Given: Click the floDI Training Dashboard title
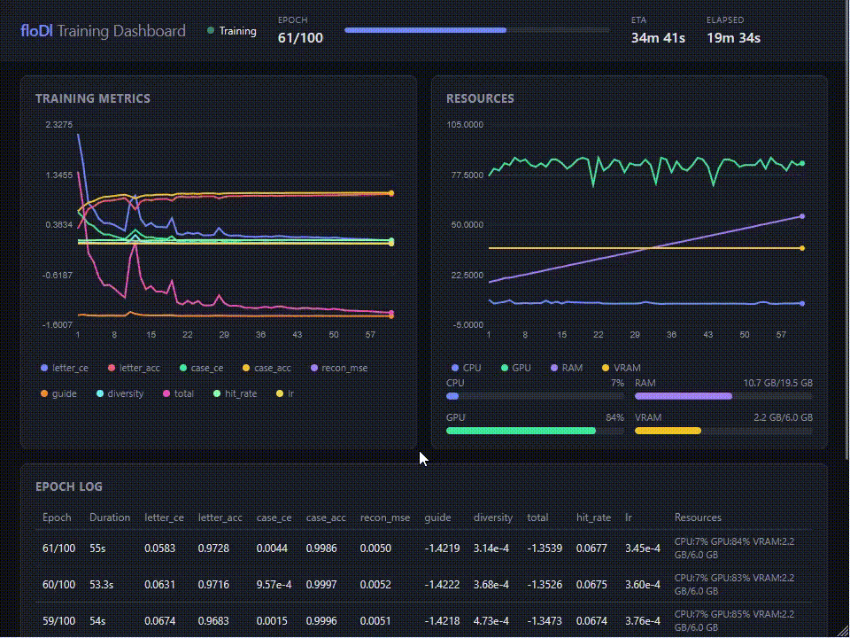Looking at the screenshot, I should pyautogui.click(x=103, y=31).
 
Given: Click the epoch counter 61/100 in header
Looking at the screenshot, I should pyautogui.click(x=300, y=38).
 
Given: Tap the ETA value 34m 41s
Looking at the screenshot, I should pyautogui.click(x=658, y=38).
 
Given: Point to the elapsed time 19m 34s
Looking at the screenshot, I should pyautogui.click(x=733, y=38).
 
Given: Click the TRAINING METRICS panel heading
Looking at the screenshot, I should pyautogui.click(x=93, y=98).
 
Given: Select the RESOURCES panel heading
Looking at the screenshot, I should pyautogui.click(x=480, y=98).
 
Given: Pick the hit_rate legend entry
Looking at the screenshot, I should pyautogui.click(x=240, y=393).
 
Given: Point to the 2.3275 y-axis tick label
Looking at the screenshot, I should pyautogui.click(x=58, y=125).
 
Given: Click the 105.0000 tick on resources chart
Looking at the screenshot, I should pyautogui.click(x=465, y=125).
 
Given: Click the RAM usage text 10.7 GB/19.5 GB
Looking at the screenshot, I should pyautogui.click(x=777, y=384).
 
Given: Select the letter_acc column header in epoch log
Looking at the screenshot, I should pyautogui.click(x=220, y=517).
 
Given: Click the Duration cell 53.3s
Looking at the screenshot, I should pyautogui.click(x=103, y=584).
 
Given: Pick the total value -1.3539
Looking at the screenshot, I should pyautogui.click(x=544, y=549).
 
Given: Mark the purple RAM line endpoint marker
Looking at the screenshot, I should pyautogui.click(x=802, y=216).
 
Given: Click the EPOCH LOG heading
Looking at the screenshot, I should pyautogui.click(x=69, y=486).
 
